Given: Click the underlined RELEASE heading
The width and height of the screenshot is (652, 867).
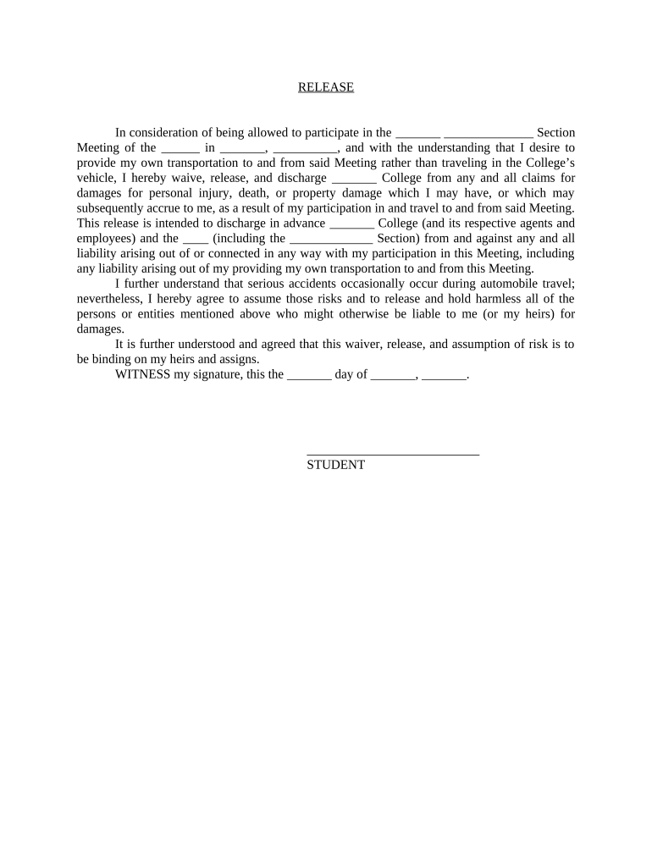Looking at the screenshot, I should (x=326, y=87).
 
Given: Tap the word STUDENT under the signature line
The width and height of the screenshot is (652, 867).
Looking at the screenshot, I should (x=335, y=465).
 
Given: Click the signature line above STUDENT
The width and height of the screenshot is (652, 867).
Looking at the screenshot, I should (x=393, y=454).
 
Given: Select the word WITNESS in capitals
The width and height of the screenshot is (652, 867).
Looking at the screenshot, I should (x=142, y=374).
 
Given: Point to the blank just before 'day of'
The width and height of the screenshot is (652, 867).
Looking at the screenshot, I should (x=309, y=375).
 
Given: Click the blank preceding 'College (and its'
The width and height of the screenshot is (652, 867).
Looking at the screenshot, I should (x=351, y=224).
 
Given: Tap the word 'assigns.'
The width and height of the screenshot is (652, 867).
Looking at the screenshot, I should (x=236, y=359).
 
